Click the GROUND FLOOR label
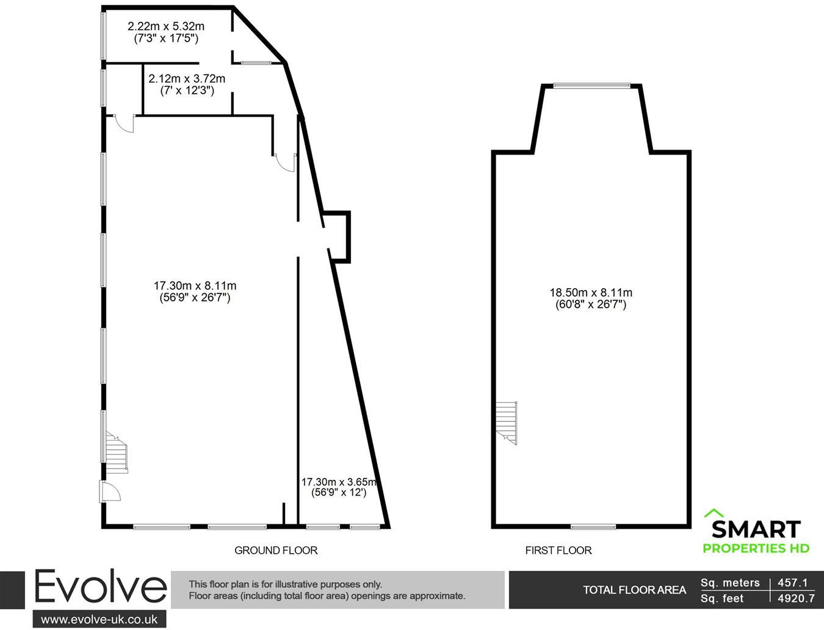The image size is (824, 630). (x=276, y=551)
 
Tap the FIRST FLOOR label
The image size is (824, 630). (x=558, y=551)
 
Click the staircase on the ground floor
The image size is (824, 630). (x=117, y=452)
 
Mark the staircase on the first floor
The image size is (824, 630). (x=507, y=422)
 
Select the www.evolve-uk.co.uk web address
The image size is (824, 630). (x=99, y=619)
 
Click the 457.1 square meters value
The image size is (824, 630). (x=793, y=583)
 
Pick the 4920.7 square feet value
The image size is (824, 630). (x=796, y=599)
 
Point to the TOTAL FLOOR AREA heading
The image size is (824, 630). (x=634, y=590)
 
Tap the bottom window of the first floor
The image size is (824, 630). (x=593, y=526)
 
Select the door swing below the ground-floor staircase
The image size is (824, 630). (x=111, y=491)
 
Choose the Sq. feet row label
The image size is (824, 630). (x=723, y=599)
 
